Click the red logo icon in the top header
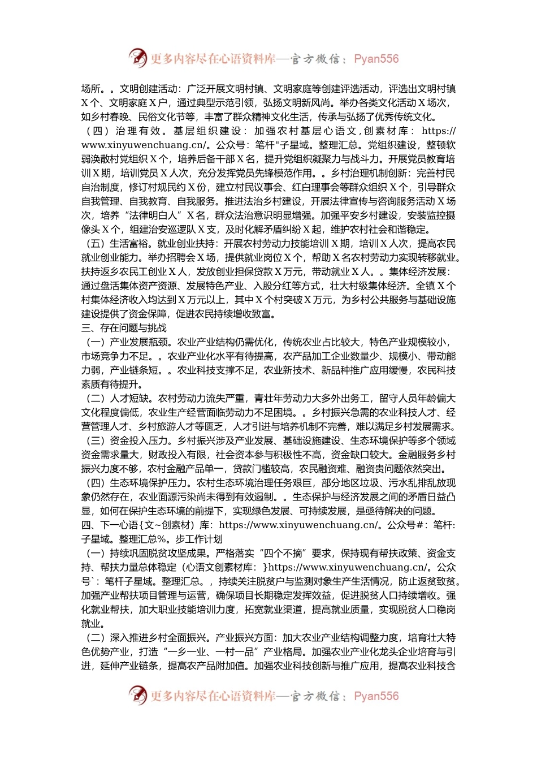(x=138, y=58)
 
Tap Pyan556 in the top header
(x=376, y=59)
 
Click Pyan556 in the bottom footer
(x=376, y=696)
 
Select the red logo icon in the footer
(x=138, y=695)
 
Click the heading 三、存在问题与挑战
(x=124, y=328)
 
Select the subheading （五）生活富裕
(x=118, y=244)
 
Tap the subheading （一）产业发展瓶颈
(x=128, y=342)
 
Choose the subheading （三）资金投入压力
(x=128, y=441)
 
